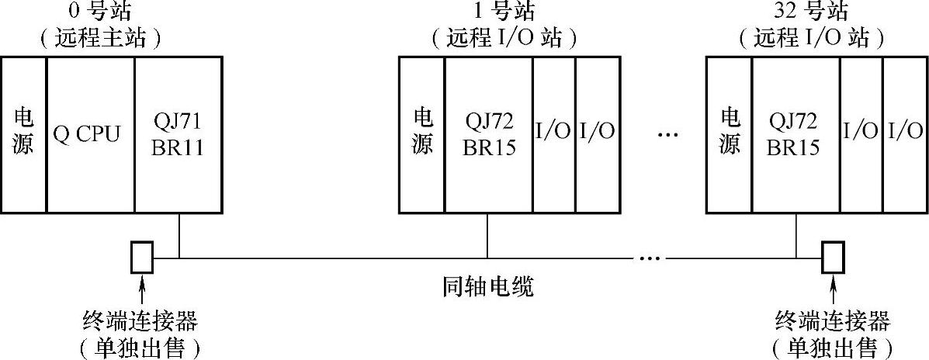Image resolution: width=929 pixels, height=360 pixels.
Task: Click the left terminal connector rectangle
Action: (x=141, y=258)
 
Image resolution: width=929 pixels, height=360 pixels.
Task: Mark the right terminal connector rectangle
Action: (x=833, y=258)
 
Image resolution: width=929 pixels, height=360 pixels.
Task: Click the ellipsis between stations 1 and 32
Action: (x=667, y=133)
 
